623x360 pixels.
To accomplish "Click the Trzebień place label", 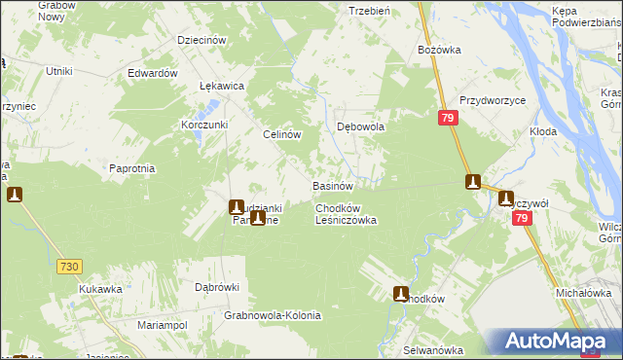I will point(369,11).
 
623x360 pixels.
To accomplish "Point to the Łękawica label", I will point(221,86).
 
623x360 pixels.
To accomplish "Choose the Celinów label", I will point(280,135).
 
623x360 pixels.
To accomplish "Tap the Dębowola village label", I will point(361,126).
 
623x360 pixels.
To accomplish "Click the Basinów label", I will point(331,185).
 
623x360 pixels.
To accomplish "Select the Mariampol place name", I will point(162,324).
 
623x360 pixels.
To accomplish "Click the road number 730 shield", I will point(68,266).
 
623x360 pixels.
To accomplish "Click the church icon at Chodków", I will point(401,293).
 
